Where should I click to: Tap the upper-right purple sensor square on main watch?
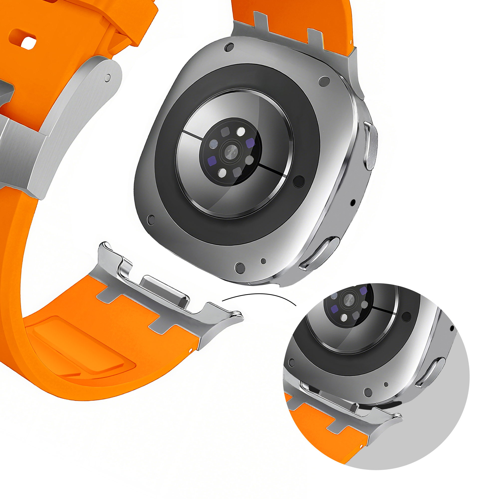click(250, 143)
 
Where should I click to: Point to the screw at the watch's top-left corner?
click(229, 47)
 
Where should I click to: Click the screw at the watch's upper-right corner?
click(324, 81)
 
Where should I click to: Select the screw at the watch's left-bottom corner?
click(151, 219)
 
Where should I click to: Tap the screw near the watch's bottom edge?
click(240, 268)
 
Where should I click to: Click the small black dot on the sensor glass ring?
click(299, 182)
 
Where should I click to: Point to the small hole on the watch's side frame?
click(353, 202)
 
